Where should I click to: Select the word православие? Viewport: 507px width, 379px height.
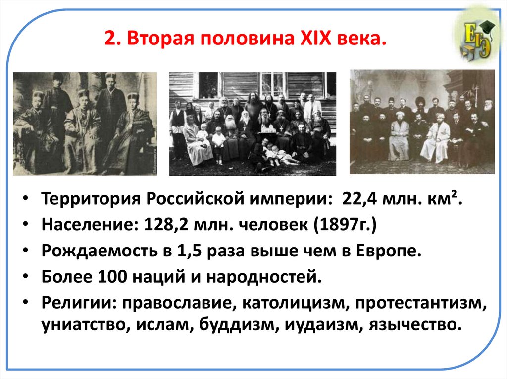pos(171,302)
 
